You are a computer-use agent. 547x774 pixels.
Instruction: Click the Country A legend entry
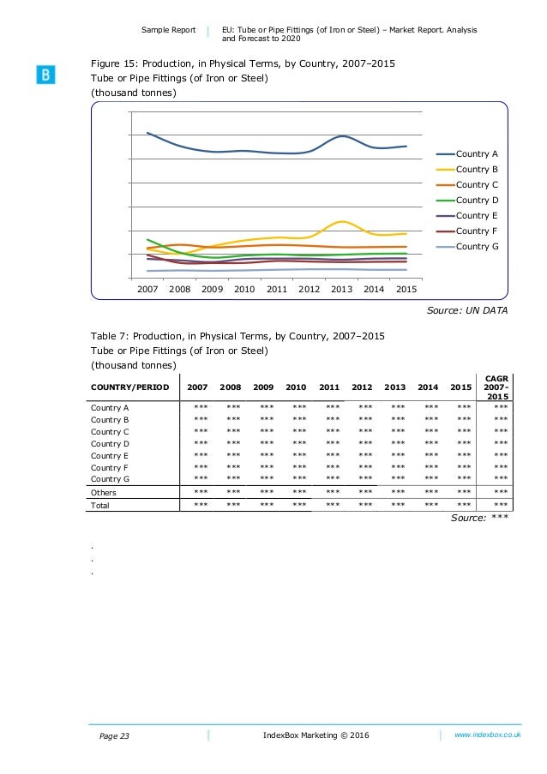pos(477,153)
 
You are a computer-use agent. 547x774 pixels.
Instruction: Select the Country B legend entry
pos(477,169)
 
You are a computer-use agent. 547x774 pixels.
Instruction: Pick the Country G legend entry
pos(477,246)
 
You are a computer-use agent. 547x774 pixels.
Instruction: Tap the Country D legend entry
pos(477,200)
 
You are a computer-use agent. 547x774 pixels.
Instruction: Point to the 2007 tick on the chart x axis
pos(147,289)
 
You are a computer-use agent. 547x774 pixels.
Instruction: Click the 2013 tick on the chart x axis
pos(341,289)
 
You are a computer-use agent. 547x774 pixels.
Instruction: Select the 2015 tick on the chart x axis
pos(406,289)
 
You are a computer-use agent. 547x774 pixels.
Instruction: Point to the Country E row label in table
pos(110,456)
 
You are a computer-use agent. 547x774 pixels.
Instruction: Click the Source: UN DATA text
pos(466,310)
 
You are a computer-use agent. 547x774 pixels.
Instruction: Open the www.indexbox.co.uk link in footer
pos(488,735)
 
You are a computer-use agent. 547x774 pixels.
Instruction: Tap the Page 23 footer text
pos(110,735)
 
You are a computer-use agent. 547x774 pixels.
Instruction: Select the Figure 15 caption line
pos(243,64)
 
